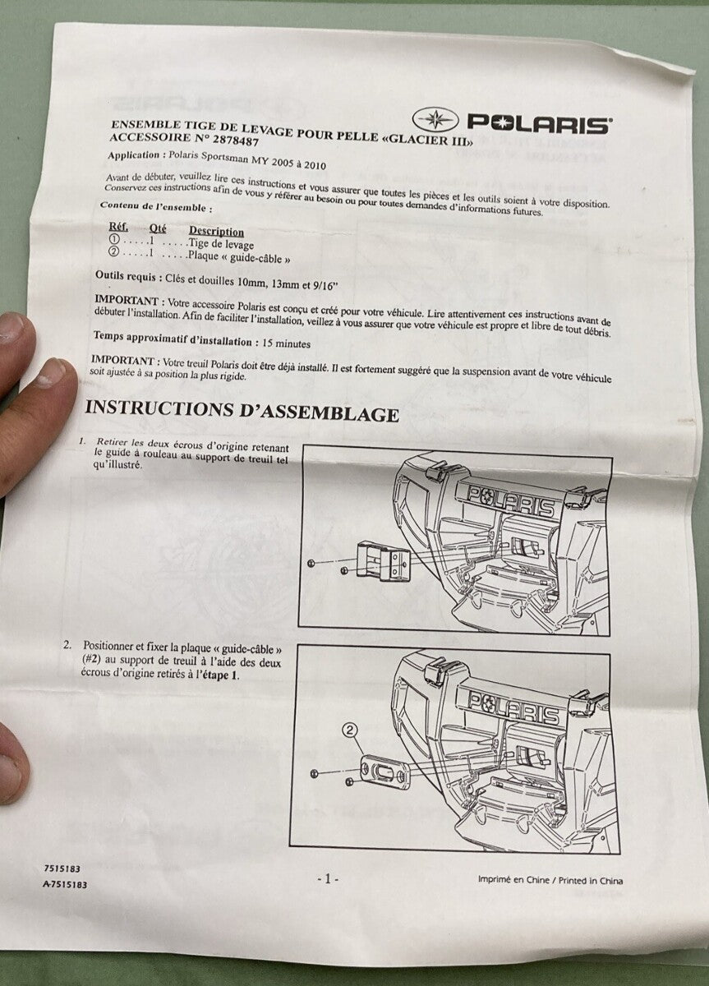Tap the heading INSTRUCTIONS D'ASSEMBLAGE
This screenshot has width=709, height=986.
242,411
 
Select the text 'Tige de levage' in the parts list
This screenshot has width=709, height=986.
221,244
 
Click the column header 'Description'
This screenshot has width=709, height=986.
216,232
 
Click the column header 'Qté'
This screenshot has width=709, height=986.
158,229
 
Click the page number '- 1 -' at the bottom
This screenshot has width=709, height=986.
327,878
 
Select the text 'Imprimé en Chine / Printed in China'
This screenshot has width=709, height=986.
550,881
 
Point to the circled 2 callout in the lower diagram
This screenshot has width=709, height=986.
349,730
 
